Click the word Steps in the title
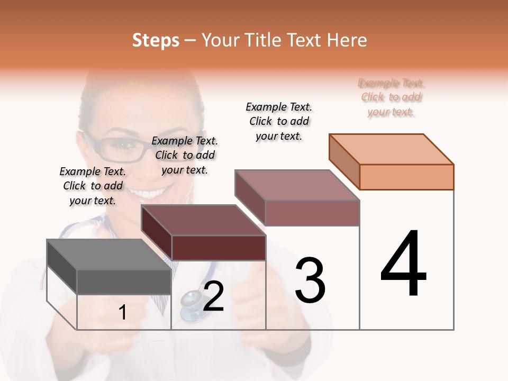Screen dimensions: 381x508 155,40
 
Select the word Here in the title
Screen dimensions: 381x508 347,40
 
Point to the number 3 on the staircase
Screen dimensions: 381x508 310,280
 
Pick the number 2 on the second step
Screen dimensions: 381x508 213,296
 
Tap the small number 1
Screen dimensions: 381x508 123,313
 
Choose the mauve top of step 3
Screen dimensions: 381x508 297,185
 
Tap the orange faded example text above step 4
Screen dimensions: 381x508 391,97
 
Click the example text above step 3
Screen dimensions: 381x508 279,121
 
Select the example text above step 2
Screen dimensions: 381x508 185,155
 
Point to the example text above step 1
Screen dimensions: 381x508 93,186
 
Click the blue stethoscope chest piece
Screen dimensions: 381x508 190,305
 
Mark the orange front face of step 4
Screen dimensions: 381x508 406,177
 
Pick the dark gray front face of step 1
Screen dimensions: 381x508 124,282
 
